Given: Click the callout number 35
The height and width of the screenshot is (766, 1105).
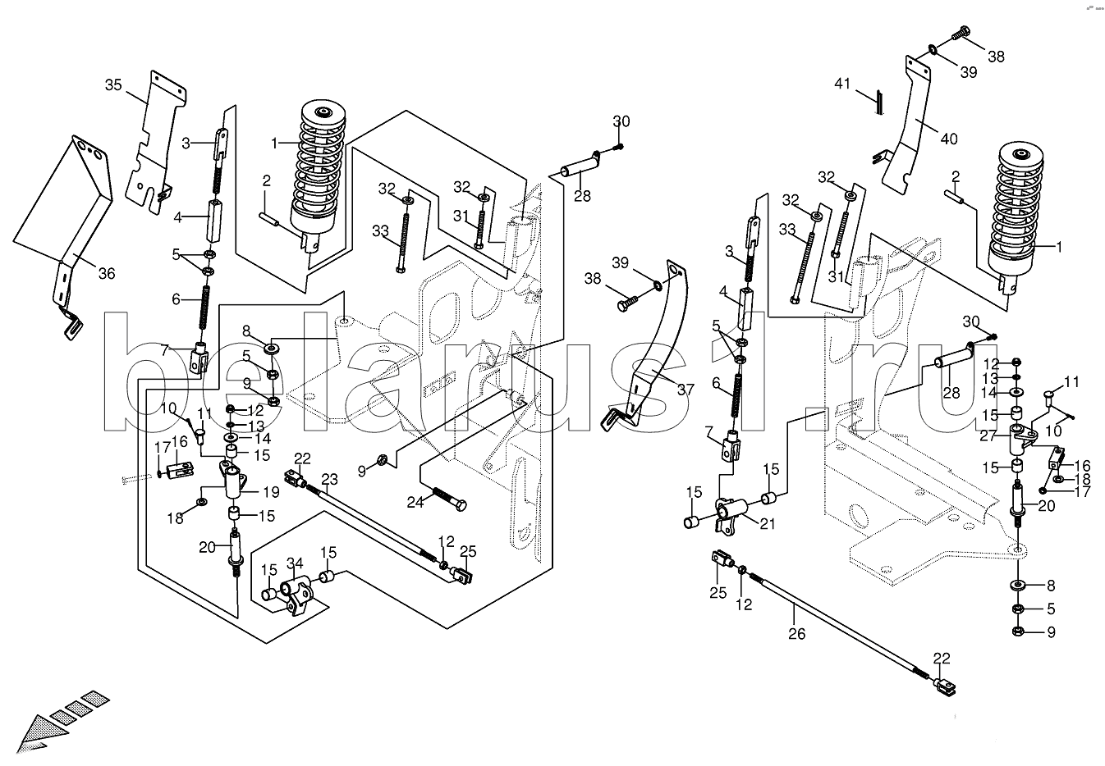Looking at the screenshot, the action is click(113, 84).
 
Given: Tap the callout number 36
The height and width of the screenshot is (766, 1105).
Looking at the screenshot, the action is click(107, 273).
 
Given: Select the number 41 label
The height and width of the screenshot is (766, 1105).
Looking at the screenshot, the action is click(842, 84).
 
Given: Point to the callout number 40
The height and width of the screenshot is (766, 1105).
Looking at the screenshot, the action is click(949, 139).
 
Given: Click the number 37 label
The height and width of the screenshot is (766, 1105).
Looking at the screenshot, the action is click(685, 390).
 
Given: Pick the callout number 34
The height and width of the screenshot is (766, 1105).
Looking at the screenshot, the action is click(295, 563).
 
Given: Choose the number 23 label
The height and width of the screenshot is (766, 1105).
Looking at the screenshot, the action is click(329, 479).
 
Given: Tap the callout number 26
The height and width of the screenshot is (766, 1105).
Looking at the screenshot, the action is click(796, 633).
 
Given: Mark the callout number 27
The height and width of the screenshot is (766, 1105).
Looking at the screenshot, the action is click(988, 436).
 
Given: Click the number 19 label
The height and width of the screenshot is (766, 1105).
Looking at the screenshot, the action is click(271, 491).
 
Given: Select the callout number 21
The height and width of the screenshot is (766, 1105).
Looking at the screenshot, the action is click(767, 523).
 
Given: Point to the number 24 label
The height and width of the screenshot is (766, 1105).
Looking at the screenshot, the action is click(415, 502).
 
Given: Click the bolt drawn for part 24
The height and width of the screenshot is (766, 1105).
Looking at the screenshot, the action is click(450, 499).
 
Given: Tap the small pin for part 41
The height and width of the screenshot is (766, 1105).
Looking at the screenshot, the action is click(879, 102).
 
